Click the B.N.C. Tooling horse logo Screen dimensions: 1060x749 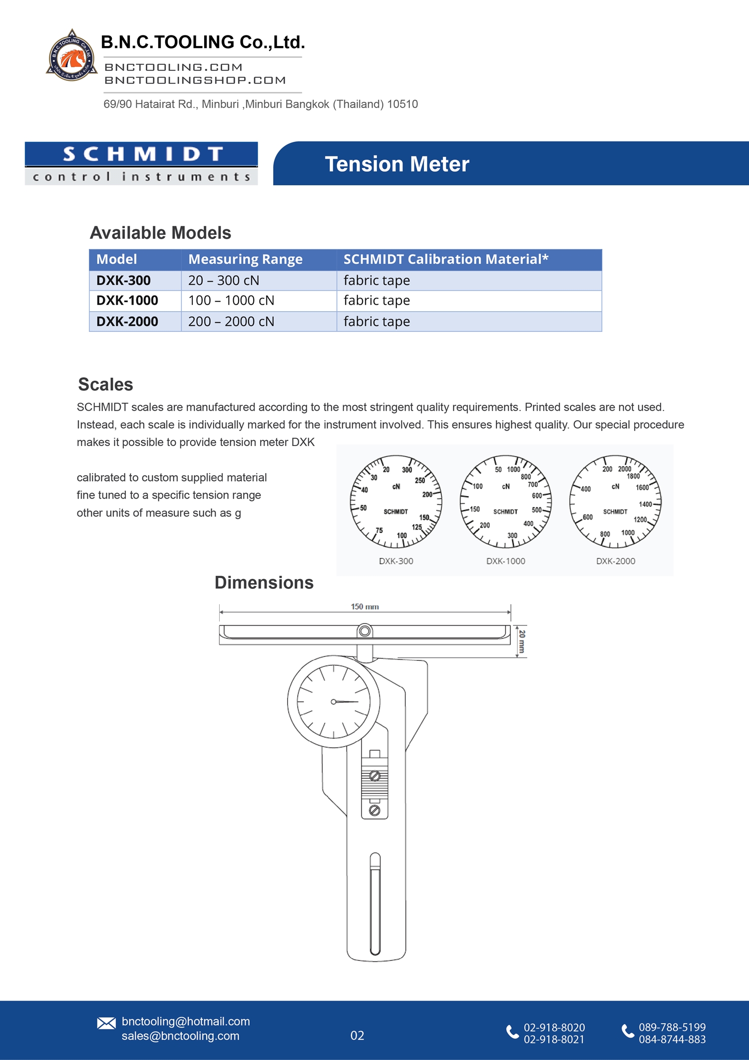[x=72, y=56]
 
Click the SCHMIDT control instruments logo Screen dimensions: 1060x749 [x=141, y=163]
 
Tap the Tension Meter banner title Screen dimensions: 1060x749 [x=397, y=164]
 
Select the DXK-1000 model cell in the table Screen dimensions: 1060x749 [x=127, y=301]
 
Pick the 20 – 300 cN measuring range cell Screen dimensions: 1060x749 [x=224, y=281]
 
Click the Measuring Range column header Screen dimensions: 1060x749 [x=245, y=259]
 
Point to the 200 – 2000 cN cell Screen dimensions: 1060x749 [x=231, y=322]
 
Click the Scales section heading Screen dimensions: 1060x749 [x=105, y=385]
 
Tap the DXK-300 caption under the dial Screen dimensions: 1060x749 [x=396, y=561]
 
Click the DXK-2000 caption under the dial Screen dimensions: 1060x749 [x=616, y=561]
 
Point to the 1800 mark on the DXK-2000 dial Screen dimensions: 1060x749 [x=633, y=477]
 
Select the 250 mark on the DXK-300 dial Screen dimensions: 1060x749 [x=420, y=481]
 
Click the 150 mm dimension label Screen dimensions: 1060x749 [x=365, y=607]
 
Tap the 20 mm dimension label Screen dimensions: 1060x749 [x=522, y=641]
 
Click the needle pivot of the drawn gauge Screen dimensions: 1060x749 [x=334, y=702]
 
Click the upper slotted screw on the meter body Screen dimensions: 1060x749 [x=374, y=776]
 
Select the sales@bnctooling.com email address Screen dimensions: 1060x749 [x=180, y=1036]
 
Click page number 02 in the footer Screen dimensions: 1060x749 [x=357, y=1036]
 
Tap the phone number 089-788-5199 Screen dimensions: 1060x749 [x=672, y=1027]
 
